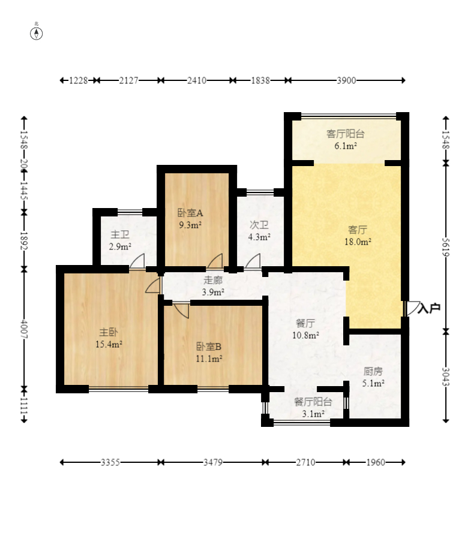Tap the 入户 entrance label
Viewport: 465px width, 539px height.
[429, 308]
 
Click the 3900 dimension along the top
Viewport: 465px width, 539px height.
[346, 80]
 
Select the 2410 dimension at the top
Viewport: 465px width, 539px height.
[197, 80]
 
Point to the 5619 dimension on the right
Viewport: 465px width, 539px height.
[446, 247]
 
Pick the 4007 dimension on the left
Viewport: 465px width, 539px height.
[24, 329]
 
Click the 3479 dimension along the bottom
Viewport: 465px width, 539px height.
[212, 462]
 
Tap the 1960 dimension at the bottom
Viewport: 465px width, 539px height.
[376, 462]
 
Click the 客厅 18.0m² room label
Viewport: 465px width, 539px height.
[358, 236]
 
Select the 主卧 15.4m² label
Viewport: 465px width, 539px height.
[109, 338]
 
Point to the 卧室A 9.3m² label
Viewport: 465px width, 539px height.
[190, 219]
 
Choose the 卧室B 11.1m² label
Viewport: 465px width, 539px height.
[209, 353]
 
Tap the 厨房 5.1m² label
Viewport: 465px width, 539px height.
[373, 377]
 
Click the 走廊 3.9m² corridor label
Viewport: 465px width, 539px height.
[213, 286]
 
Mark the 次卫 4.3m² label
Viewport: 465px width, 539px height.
[259, 231]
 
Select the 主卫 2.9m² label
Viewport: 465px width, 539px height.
[120, 240]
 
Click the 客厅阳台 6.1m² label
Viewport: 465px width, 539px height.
[346, 140]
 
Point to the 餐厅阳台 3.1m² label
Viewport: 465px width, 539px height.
[313, 408]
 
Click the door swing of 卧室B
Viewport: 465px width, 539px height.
[182, 311]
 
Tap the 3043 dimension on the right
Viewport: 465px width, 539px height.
[446, 377]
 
